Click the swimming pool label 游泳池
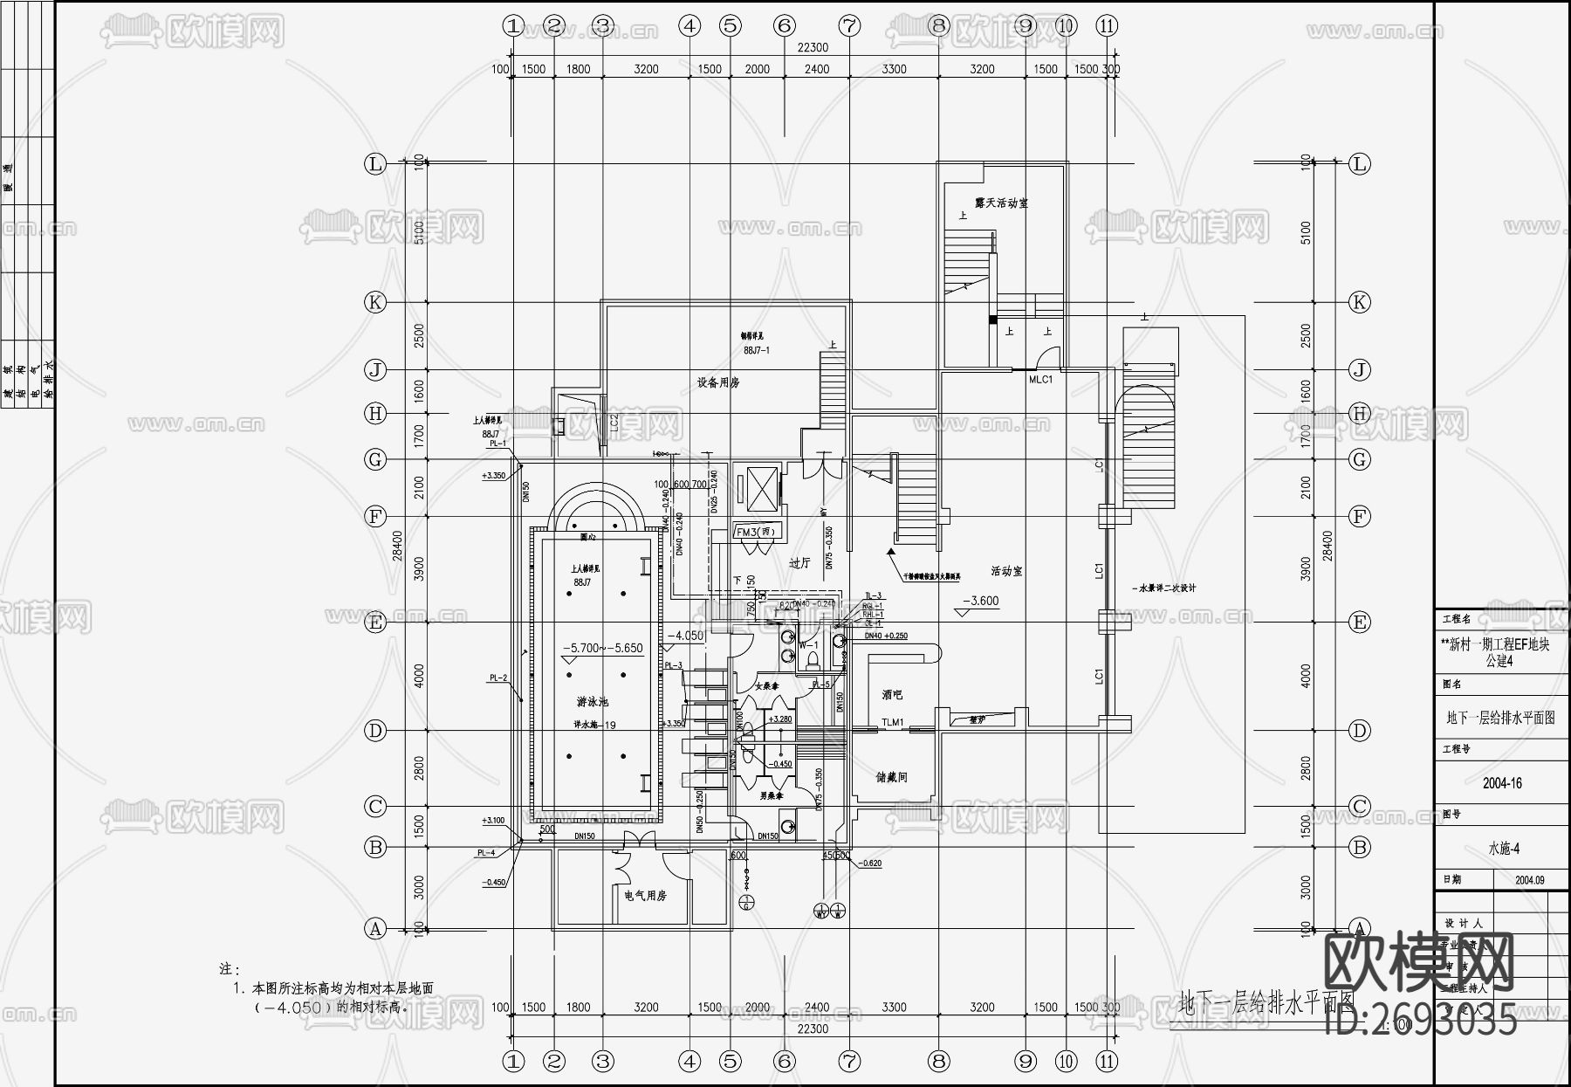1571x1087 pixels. click(593, 702)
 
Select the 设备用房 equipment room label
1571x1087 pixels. click(718, 382)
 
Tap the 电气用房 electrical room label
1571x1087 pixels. click(646, 896)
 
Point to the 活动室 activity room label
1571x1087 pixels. click(1006, 571)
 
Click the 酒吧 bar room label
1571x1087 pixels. click(892, 695)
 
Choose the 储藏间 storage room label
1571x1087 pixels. click(892, 777)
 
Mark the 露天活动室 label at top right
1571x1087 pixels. click(1001, 203)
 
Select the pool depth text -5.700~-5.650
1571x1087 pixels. click(602, 649)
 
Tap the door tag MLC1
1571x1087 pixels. click(1040, 380)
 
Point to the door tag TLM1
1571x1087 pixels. click(893, 723)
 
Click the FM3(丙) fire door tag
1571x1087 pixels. click(755, 532)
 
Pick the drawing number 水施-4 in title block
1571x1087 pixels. click(1504, 848)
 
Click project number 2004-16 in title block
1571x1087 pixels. click(1502, 783)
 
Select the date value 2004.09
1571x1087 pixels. click(1529, 880)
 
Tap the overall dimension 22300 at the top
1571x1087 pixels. click(812, 48)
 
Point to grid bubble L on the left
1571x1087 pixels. click(375, 164)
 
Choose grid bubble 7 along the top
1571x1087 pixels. click(849, 26)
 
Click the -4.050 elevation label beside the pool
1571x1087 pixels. click(685, 636)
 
